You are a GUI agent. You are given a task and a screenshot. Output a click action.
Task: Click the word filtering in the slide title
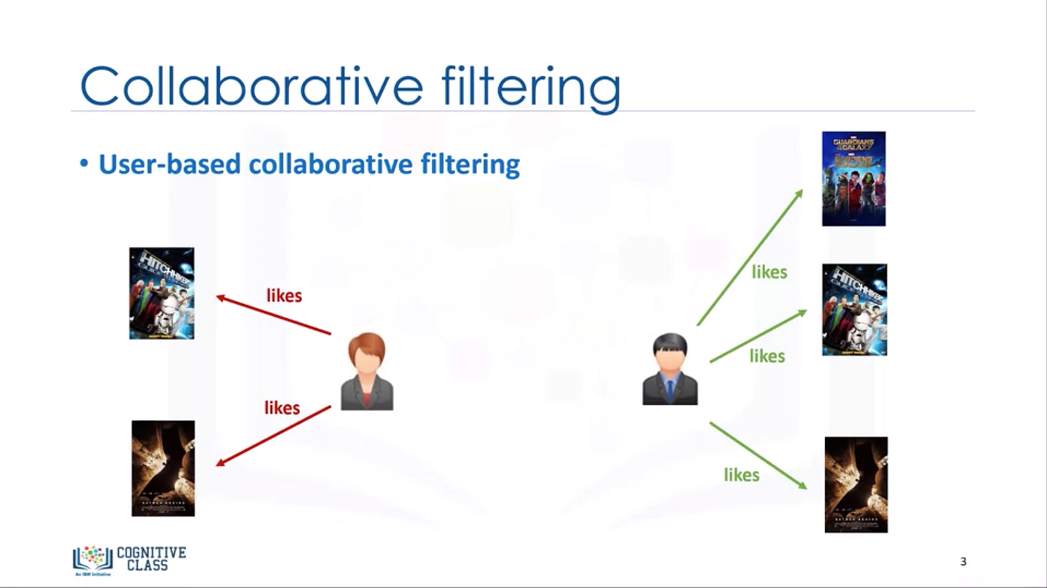pos(529,87)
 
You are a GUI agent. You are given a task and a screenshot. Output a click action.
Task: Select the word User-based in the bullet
pos(171,164)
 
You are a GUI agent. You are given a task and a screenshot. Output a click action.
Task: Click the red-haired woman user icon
pos(366,371)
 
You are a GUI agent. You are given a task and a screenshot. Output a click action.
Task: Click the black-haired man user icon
pos(670,369)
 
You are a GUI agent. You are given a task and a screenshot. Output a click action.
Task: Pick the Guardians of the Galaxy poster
pos(853,179)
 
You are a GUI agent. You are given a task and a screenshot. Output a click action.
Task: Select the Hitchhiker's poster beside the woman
pos(162,294)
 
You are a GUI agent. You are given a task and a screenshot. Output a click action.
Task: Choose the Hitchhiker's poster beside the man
pos(854,309)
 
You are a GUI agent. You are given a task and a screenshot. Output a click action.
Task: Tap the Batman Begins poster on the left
pos(163,468)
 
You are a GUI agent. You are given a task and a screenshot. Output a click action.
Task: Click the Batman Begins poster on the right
pos(856,485)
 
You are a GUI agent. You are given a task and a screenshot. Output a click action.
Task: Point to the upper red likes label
pos(284,296)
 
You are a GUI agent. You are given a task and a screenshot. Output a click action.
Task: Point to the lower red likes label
pos(282,408)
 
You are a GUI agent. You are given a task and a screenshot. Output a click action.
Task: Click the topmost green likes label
pos(770,272)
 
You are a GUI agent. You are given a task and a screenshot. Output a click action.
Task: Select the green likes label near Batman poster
pos(741,475)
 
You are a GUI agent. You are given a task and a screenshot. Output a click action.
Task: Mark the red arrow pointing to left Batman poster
pos(274,436)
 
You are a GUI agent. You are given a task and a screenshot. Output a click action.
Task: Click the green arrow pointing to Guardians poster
pos(749,257)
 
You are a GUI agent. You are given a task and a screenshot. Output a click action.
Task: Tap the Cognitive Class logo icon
pos(91,559)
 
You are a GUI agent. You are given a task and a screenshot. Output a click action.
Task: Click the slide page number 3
pos(963,562)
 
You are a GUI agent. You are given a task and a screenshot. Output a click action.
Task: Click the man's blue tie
pos(670,391)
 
